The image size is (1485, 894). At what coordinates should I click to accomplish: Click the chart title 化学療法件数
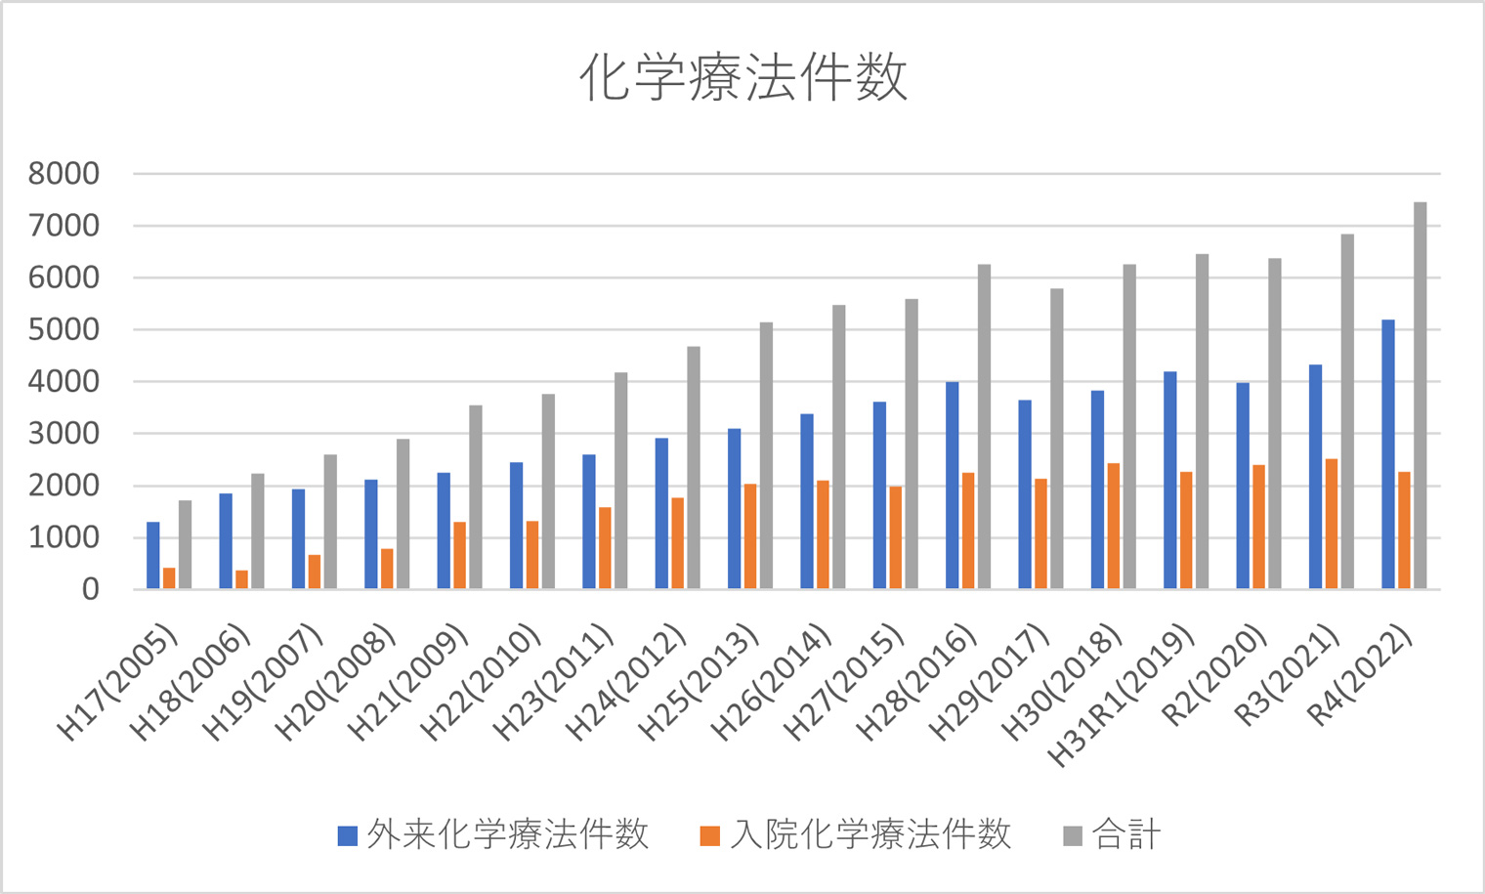(x=742, y=78)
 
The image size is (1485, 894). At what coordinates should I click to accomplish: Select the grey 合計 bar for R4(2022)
(x=1420, y=396)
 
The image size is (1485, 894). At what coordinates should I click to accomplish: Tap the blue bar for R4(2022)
(x=1388, y=454)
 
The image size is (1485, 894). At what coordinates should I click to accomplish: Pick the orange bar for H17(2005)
(x=169, y=578)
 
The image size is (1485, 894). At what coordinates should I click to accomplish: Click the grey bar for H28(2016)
(x=984, y=427)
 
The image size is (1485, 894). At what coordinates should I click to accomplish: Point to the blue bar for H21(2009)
(x=444, y=531)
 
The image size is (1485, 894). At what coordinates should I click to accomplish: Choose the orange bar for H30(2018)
(x=1114, y=526)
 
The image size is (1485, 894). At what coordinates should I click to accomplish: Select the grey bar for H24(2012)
(x=694, y=468)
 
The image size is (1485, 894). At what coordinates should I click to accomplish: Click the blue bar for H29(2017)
(x=1025, y=494)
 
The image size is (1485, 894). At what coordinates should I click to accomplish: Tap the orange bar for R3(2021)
(x=1332, y=524)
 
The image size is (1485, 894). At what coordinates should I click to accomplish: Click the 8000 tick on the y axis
(x=64, y=174)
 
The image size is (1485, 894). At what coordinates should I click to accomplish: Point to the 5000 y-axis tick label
(x=64, y=329)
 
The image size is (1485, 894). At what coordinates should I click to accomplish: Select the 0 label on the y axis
(x=90, y=589)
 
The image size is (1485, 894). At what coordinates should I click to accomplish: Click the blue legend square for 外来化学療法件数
(x=347, y=836)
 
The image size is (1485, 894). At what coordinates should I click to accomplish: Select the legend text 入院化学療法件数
(x=870, y=835)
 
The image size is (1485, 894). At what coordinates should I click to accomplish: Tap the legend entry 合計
(x=1125, y=835)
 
